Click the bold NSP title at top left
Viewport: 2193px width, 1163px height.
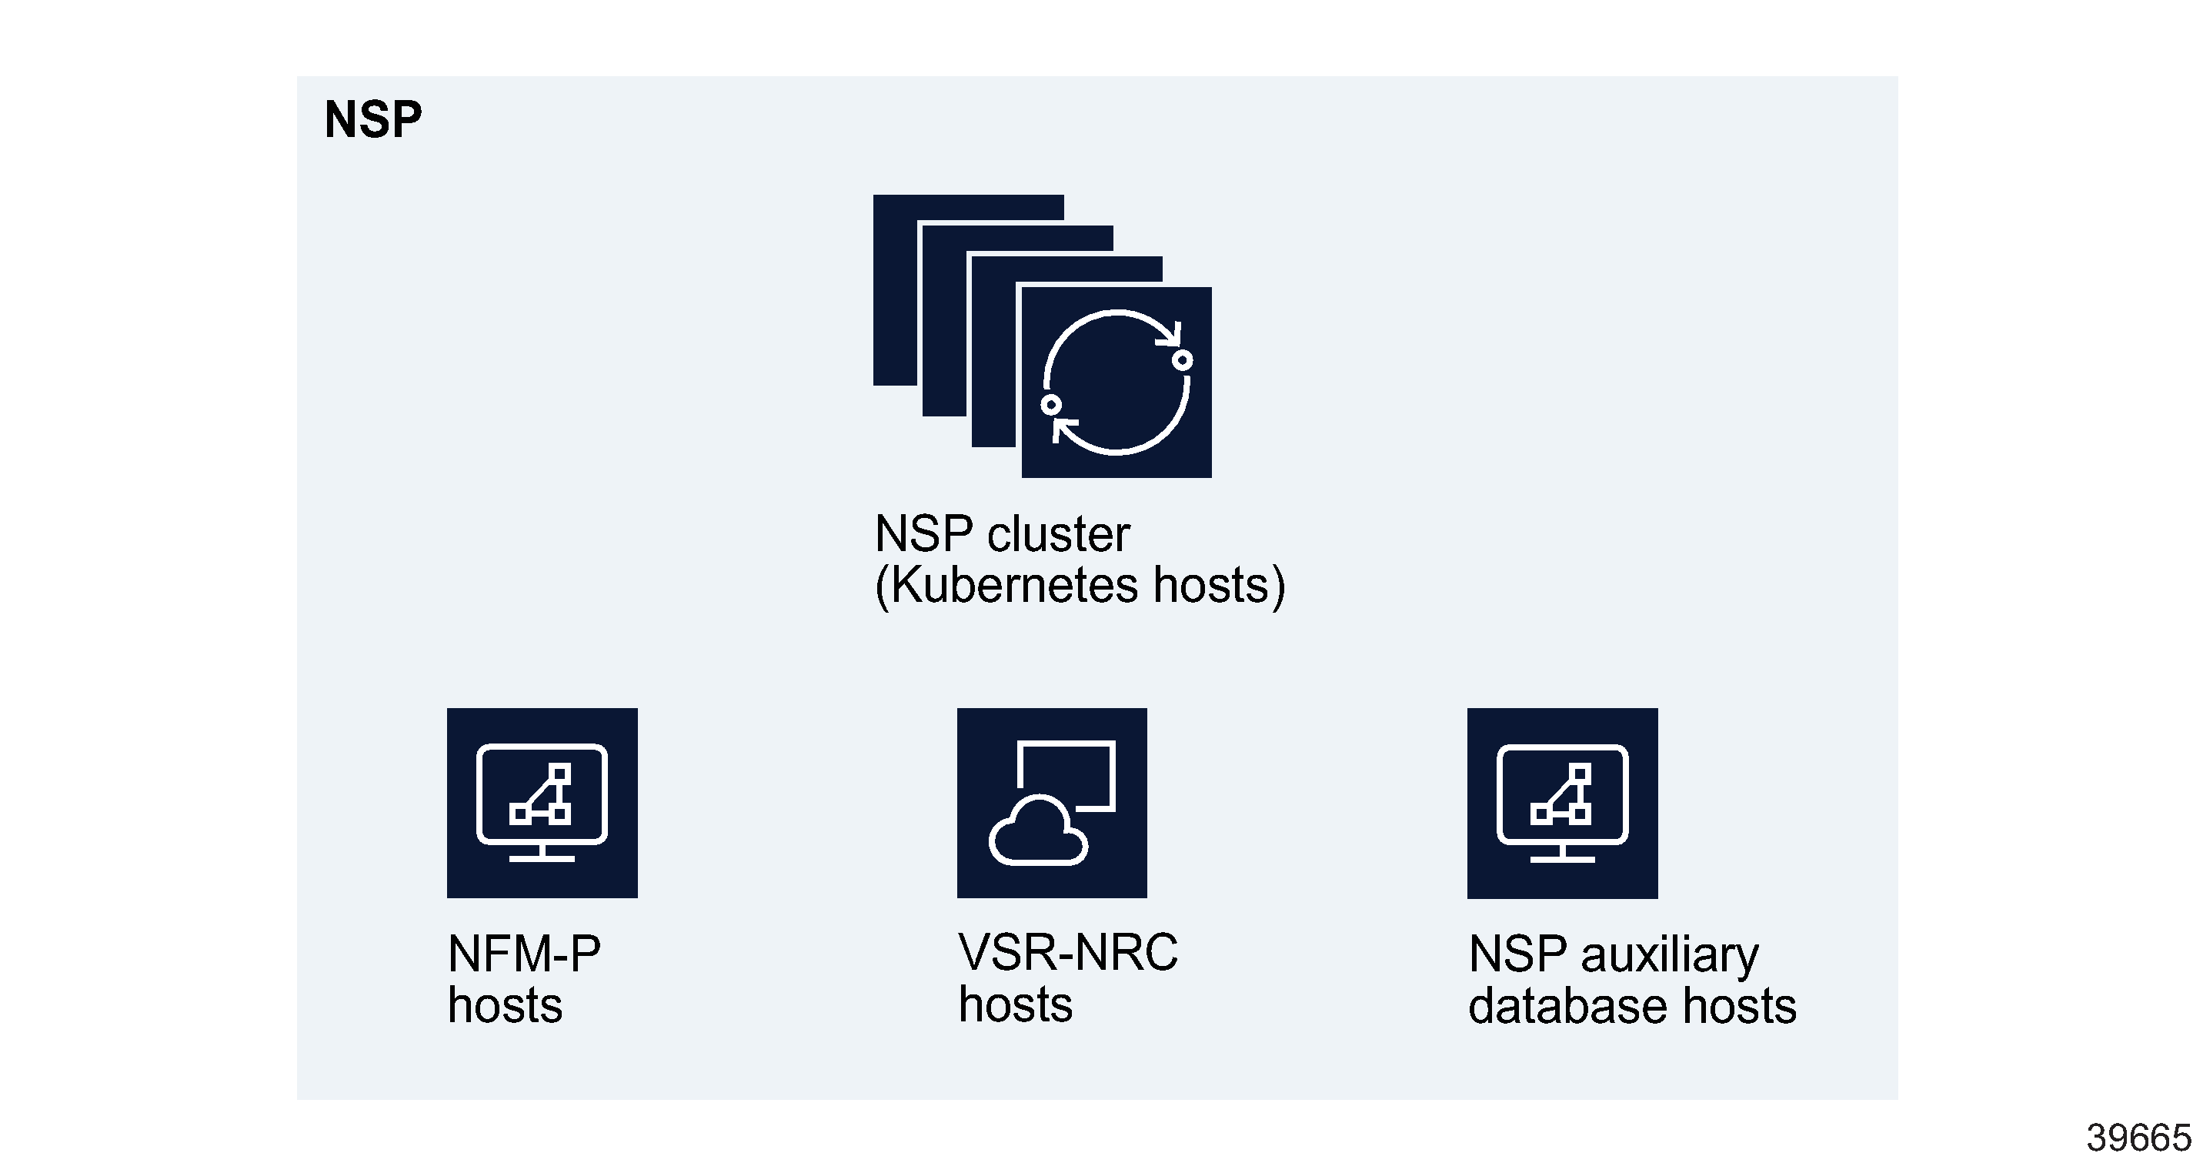click(x=373, y=119)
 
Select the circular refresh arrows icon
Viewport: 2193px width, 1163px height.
click(x=1116, y=383)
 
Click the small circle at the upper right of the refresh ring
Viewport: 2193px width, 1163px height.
click(x=1182, y=360)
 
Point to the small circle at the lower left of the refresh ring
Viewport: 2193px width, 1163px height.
click(x=1051, y=404)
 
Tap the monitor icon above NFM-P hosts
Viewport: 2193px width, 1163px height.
click(x=542, y=803)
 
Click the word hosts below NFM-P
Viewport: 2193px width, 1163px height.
click(x=505, y=1005)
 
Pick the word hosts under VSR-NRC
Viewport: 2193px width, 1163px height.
click(x=1015, y=1004)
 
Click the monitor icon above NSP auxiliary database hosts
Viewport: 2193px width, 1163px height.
click(x=1562, y=803)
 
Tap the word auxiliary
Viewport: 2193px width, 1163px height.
click(x=1668, y=954)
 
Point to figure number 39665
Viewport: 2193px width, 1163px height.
click(x=2137, y=1138)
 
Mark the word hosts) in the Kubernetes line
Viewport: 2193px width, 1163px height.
click(x=1218, y=586)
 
